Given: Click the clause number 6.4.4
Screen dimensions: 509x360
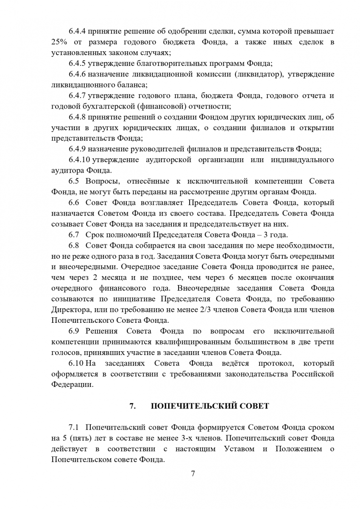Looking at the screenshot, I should pos(77,31).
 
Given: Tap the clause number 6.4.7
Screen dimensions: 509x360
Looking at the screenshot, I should pos(77,95).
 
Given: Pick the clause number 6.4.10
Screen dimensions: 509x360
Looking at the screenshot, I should pos(78,159).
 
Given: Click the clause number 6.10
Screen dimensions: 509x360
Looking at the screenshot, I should pos(76,363).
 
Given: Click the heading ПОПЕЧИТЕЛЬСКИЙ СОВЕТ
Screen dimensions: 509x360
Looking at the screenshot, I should pos(209,406).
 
